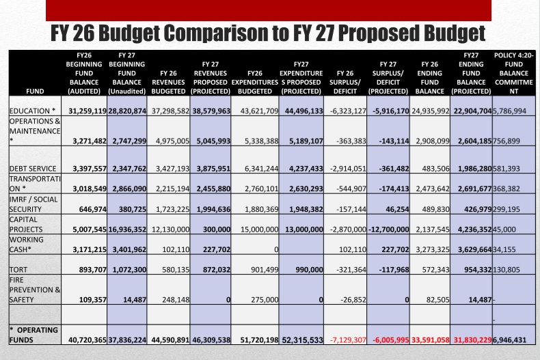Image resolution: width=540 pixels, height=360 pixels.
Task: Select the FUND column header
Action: point(35,92)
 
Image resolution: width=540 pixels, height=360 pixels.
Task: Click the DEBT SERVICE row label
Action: point(33,169)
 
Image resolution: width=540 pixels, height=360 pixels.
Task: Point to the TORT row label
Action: point(18,269)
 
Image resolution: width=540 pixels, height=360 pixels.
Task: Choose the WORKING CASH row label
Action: point(27,245)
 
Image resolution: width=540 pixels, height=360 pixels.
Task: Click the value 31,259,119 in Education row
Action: point(87,111)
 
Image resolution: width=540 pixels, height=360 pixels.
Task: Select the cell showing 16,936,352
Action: point(127,230)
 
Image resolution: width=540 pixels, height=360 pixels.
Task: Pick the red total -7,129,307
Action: point(348,340)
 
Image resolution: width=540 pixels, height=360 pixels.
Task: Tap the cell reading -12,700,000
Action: point(389,230)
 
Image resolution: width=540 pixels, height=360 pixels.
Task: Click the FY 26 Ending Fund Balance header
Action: point(430,78)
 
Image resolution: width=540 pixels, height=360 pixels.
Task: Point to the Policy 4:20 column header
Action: point(514,73)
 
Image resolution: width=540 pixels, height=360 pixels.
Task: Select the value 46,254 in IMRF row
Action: point(397,209)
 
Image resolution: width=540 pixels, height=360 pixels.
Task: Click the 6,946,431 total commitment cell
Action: point(510,340)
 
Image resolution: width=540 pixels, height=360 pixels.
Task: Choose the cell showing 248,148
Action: point(176,300)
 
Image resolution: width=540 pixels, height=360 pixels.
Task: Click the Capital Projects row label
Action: point(26,224)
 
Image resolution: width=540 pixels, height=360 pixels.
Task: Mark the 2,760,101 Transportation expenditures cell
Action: point(261,189)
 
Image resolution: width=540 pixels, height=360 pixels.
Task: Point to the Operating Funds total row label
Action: point(33,335)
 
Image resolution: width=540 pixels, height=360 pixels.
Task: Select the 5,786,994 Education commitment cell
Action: point(510,111)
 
